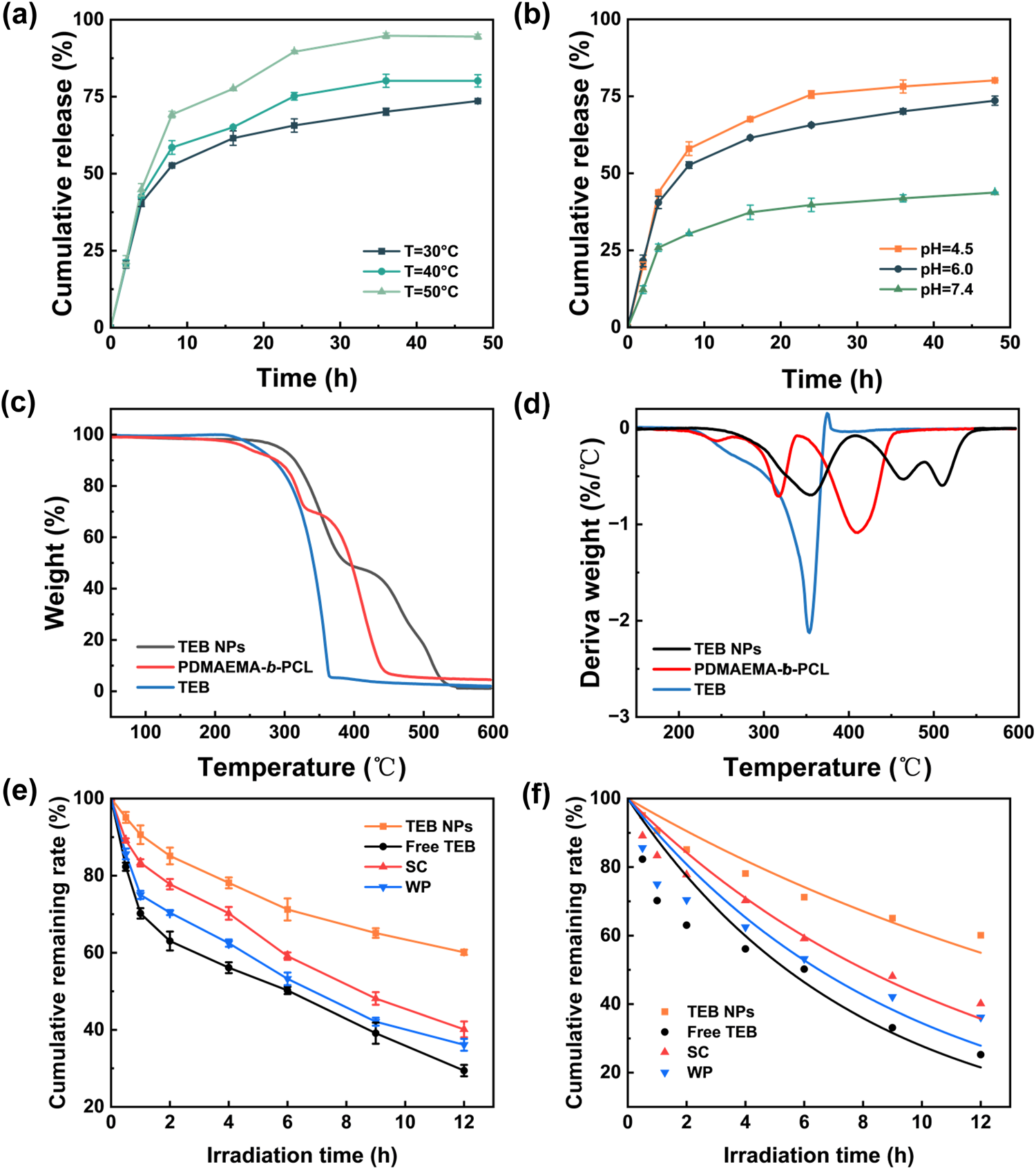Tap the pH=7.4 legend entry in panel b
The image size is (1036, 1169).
coord(946,289)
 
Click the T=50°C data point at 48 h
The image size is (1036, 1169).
coord(477,37)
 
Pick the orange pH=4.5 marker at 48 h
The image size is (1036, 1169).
coord(995,80)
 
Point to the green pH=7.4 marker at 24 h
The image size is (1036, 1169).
coord(811,204)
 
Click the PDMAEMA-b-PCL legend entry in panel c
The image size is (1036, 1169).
coord(245,667)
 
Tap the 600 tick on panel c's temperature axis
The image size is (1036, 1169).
coord(492,732)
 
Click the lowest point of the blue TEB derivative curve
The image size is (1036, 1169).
coord(809,631)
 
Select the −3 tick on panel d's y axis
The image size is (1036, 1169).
coord(619,716)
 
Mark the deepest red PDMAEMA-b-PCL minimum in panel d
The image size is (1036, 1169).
coord(856,532)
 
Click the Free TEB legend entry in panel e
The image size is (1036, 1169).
coord(440,847)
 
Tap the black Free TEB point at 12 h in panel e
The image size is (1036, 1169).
coord(463,1071)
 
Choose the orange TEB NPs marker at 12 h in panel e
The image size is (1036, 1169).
coord(463,952)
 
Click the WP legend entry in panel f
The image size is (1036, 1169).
coord(700,1072)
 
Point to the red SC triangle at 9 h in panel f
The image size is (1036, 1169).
coord(892,976)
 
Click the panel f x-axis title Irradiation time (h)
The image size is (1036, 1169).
coord(818,1155)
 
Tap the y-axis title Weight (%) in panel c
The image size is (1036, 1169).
coord(55,563)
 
